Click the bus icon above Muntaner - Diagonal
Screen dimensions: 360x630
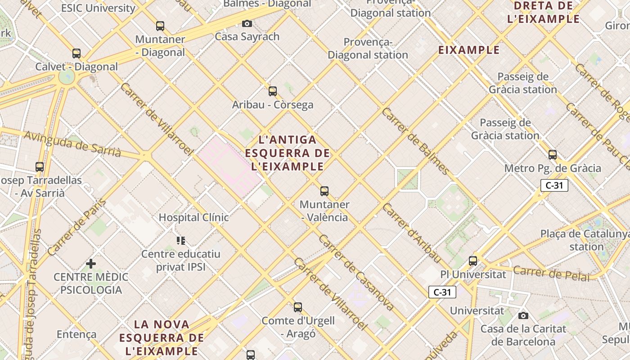point(160,26)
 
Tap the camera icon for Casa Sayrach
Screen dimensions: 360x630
point(247,23)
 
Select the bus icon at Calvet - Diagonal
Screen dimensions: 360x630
point(76,54)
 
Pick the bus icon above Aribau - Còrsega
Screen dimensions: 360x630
point(273,91)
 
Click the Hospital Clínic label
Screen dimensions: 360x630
point(193,218)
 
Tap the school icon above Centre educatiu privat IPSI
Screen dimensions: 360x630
point(181,241)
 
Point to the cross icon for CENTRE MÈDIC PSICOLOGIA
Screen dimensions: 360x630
point(91,263)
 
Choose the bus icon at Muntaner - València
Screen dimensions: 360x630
point(324,191)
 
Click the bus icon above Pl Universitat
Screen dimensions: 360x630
point(473,261)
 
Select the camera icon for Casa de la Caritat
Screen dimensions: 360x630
point(523,315)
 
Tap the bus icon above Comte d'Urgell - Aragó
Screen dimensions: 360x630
point(298,307)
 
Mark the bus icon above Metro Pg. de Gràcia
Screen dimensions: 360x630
point(553,155)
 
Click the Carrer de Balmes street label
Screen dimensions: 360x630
point(415,141)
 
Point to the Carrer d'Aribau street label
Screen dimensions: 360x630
point(412,233)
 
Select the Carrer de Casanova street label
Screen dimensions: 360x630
point(356,273)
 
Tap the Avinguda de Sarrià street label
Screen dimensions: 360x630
point(72,144)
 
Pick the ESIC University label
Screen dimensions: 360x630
point(98,8)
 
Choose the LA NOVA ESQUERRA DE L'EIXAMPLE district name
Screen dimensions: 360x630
point(162,337)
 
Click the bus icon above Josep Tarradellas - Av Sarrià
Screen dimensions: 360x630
point(40,167)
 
